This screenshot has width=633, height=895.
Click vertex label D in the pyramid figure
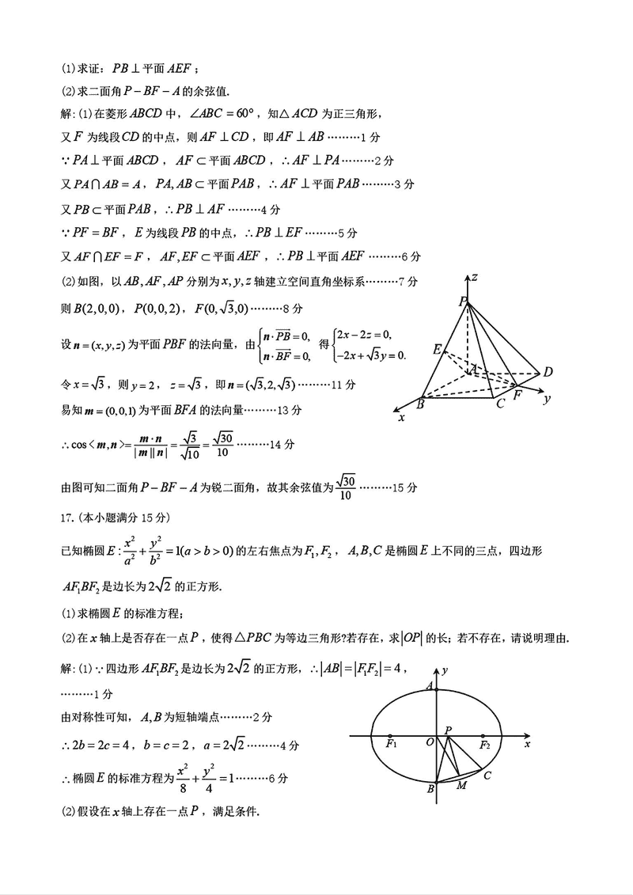click(x=547, y=372)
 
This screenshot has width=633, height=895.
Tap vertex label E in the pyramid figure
click(x=436, y=348)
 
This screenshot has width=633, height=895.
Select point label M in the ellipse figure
click(x=462, y=785)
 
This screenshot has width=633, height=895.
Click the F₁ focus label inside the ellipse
click(x=391, y=745)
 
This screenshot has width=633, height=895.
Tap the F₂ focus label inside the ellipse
click(x=484, y=745)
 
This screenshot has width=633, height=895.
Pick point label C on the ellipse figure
click(x=487, y=776)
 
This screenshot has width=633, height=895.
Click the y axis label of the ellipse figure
click(x=446, y=670)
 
